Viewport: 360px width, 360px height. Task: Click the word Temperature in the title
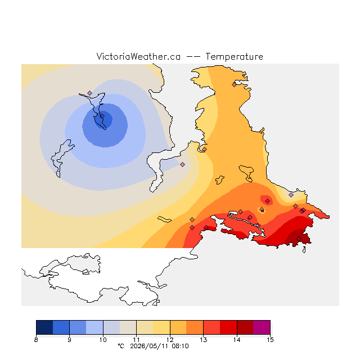(x=234, y=57)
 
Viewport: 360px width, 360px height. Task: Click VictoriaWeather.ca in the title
(x=138, y=56)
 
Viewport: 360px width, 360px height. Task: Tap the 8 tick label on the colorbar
(x=36, y=340)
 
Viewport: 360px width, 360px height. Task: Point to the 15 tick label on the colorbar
(x=270, y=340)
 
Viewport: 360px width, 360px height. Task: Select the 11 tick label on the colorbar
(x=136, y=340)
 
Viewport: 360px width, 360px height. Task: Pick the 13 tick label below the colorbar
(x=203, y=340)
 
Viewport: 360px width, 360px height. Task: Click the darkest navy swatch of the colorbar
(x=44, y=327)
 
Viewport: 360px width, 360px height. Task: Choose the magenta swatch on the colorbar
(x=262, y=327)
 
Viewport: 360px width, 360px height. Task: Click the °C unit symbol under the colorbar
(x=121, y=346)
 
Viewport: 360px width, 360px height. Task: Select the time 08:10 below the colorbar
(x=180, y=346)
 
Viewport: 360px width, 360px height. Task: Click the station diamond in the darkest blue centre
(x=102, y=116)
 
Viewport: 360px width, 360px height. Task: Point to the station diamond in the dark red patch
(x=299, y=238)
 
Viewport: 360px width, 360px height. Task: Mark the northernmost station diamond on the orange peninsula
(x=234, y=85)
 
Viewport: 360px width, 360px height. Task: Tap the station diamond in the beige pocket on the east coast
(x=291, y=195)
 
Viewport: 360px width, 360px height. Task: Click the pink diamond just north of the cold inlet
(x=89, y=93)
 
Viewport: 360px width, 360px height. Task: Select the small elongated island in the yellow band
(x=164, y=219)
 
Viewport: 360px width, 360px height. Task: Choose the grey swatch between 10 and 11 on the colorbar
(x=111, y=327)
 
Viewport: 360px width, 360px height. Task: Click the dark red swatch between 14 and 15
(x=245, y=327)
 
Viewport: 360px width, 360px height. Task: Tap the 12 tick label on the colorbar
(x=170, y=340)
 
